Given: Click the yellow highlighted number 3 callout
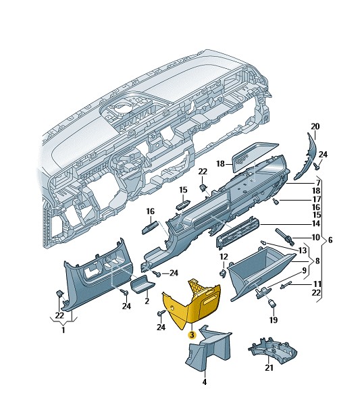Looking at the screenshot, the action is [192, 334].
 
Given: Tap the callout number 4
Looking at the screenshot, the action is [205, 382].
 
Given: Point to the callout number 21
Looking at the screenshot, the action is [269, 368].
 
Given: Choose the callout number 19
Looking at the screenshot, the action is [274, 320].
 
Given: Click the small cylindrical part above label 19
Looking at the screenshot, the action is [272, 304].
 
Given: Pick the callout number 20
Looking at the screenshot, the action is [315, 126].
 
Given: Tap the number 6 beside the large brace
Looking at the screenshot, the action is [330, 240].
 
